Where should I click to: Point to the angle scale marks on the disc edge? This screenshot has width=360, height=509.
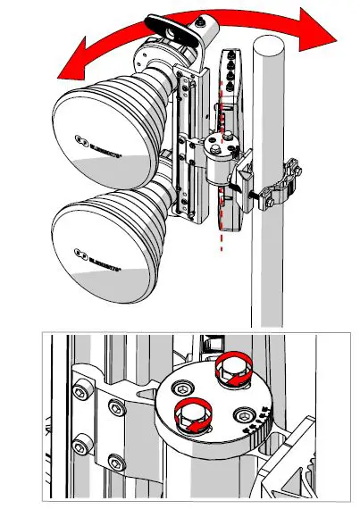[x=258, y=421]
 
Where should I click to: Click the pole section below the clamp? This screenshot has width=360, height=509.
[x=268, y=268]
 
